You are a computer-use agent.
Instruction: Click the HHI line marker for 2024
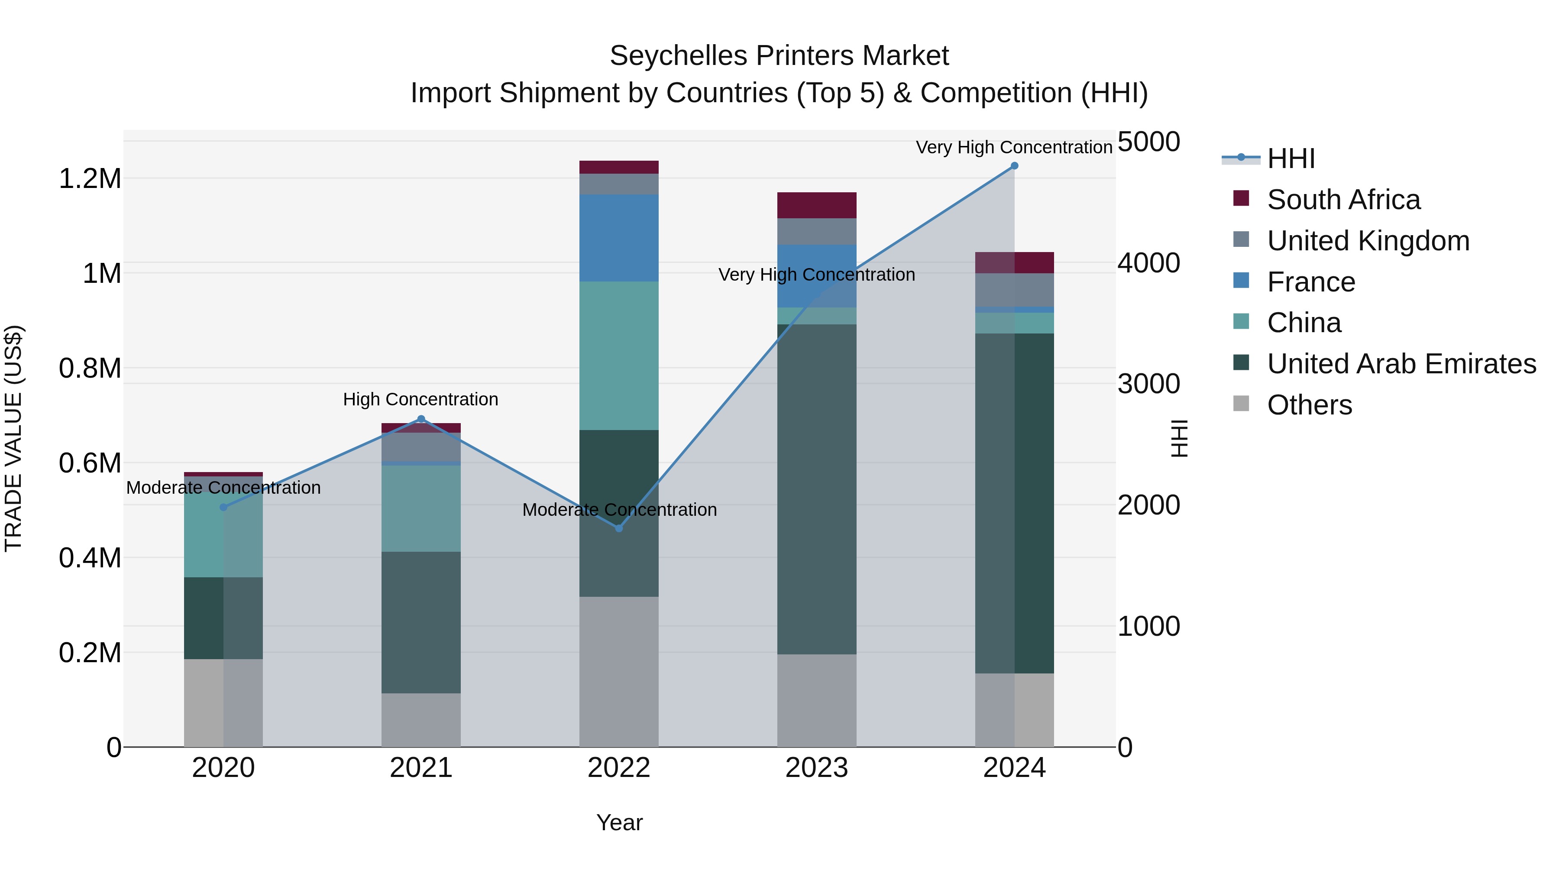click(x=1014, y=166)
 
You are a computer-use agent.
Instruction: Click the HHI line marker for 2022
click(x=618, y=528)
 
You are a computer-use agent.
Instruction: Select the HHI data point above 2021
click(x=421, y=419)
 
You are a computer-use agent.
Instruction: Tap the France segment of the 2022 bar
click(x=618, y=238)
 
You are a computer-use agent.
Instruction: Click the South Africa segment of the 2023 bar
click(x=816, y=205)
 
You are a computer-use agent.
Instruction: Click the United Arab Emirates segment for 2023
click(x=816, y=489)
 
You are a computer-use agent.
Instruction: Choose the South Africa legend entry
click(x=1343, y=200)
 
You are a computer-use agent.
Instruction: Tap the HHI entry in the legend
click(x=1291, y=159)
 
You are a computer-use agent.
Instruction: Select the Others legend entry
click(x=1309, y=405)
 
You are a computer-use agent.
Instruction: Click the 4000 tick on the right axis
click(x=1148, y=263)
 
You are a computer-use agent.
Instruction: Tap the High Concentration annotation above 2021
click(x=420, y=399)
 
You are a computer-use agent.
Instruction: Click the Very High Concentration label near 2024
click(x=1014, y=147)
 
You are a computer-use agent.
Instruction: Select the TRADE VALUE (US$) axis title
click(x=13, y=438)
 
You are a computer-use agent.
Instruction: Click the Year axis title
click(x=619, y=822)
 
